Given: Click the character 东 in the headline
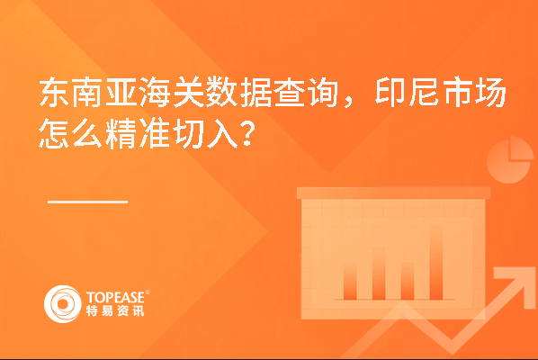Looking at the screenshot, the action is (54, 93).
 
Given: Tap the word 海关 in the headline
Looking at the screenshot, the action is (172, 93).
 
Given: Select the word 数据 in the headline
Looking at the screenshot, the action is (238, 93).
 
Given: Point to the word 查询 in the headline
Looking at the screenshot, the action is (305, 93).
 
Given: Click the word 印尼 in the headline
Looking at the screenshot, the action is (407, 93).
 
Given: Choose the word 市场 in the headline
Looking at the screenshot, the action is (474, 93).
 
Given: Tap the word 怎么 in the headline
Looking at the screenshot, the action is (71, 133).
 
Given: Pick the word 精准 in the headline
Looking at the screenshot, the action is (138, 133).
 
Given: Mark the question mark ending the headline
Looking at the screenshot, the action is (248, 134).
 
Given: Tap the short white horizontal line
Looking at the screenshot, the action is (87, 202).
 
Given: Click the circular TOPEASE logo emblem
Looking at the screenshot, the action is (63, 304).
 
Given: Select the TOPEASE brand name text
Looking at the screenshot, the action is (115, 297).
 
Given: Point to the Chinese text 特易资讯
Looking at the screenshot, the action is (115, 310).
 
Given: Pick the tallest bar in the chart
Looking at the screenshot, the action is (436, 262).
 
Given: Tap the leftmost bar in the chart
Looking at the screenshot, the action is (350, 281).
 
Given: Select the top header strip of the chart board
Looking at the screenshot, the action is (393, 193).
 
